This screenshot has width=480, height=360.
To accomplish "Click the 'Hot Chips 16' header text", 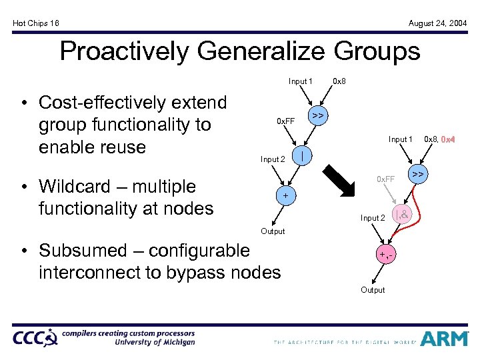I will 36,23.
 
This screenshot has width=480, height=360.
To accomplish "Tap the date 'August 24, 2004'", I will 437,23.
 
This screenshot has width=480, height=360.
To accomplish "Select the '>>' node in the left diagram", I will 318,116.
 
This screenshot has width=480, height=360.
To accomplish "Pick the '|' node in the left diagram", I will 303,155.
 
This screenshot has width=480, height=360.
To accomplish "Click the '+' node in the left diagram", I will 285,196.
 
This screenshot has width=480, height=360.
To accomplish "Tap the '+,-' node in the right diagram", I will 384,255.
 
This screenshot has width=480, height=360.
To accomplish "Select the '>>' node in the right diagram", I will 418,175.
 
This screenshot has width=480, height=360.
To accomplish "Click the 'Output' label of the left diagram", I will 273,231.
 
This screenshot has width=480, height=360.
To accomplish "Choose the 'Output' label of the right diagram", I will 373,290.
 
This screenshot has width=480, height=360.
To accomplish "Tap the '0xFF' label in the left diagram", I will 286,121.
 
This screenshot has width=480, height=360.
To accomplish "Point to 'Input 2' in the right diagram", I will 373,218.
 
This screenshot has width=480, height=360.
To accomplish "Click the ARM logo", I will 446,338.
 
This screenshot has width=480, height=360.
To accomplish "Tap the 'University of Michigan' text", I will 155,342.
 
